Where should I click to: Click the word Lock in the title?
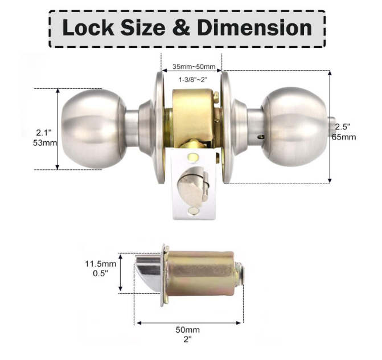click(x=88, y=27)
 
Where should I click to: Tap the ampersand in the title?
click(x=181, y=27)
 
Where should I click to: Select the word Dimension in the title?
click(x=255, y=27)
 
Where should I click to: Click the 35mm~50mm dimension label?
click(x=194, y=67)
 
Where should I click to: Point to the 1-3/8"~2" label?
click(x=192, y=80)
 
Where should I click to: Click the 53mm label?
click(x=45, y=143)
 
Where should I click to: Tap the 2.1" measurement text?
click(x=44, y=133)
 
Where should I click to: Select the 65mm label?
click(x=343, y=137)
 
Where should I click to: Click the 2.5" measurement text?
click(x=343, y=127)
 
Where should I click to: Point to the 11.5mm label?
click(x=100, y=264)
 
